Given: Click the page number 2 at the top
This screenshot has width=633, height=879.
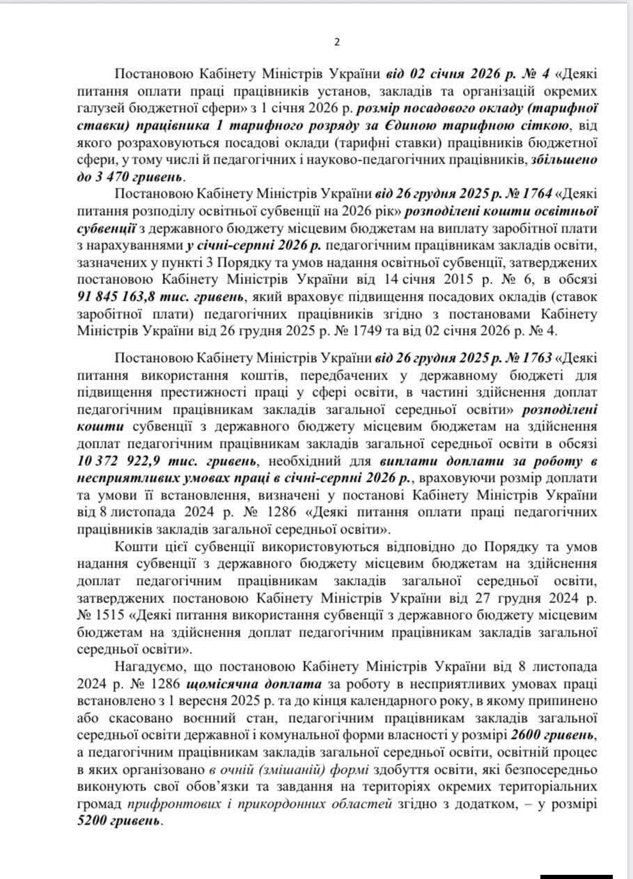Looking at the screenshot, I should tap(337, 42).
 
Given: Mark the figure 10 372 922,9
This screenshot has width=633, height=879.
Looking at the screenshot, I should tap(116, 460).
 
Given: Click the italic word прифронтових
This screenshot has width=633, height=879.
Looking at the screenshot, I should tap(166, 804).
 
